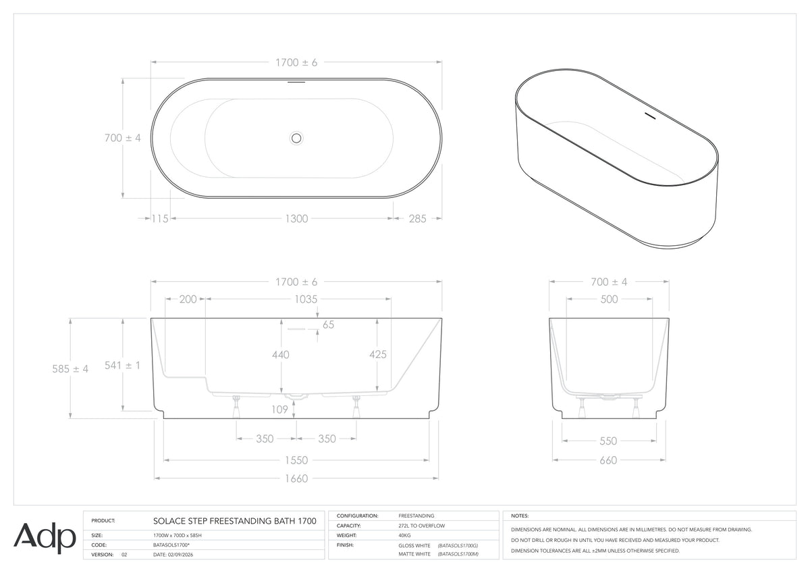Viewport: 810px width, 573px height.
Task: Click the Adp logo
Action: point(45,538)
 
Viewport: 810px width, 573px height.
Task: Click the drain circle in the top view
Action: point(296,138)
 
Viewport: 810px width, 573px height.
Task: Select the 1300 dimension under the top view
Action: point(296,219)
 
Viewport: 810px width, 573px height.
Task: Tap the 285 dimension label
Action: point(418,219)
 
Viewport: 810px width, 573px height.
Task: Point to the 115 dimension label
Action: point(160,219)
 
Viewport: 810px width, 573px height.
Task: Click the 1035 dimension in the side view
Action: point(306,299)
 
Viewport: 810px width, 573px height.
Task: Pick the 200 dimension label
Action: point(188,299)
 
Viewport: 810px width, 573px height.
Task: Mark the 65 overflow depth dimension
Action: point(328,325)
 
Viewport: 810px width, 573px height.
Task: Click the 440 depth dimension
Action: point(281,355)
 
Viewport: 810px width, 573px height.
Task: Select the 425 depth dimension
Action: point(378,354)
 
